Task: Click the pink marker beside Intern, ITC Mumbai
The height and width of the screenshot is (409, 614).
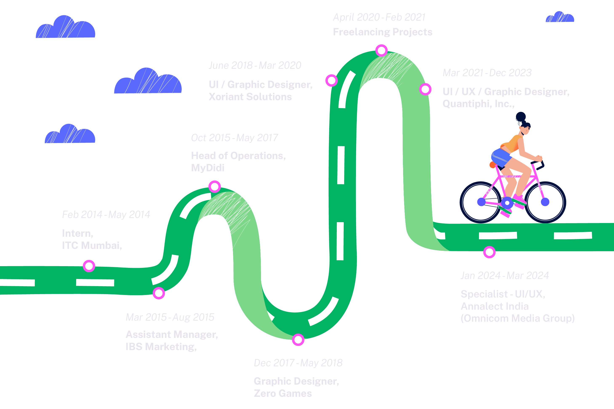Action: click(89, 266)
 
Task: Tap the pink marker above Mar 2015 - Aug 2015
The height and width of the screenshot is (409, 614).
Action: click(159, 293)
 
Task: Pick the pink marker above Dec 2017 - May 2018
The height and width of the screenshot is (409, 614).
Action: click(298, 340)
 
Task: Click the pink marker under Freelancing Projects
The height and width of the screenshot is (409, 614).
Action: click(381, 50)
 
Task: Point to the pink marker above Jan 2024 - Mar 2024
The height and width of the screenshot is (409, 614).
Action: click(489, 252)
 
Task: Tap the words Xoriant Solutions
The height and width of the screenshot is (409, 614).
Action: click(250, 97)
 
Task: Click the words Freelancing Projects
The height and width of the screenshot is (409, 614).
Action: click(382, 32)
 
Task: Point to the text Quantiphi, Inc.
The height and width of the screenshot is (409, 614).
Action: click(478, 104)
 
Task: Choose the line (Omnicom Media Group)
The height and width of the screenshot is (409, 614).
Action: click(517, 318)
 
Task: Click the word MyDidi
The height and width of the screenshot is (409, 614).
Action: click(208, 168)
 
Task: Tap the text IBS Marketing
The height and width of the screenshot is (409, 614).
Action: click(161, 347)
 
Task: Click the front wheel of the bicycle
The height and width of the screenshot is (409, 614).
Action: click(545, 202)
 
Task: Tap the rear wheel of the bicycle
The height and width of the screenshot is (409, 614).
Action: click(481, 202)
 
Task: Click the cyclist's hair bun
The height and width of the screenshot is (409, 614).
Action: click(521, 116)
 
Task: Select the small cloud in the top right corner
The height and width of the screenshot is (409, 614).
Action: click(560, 17)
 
